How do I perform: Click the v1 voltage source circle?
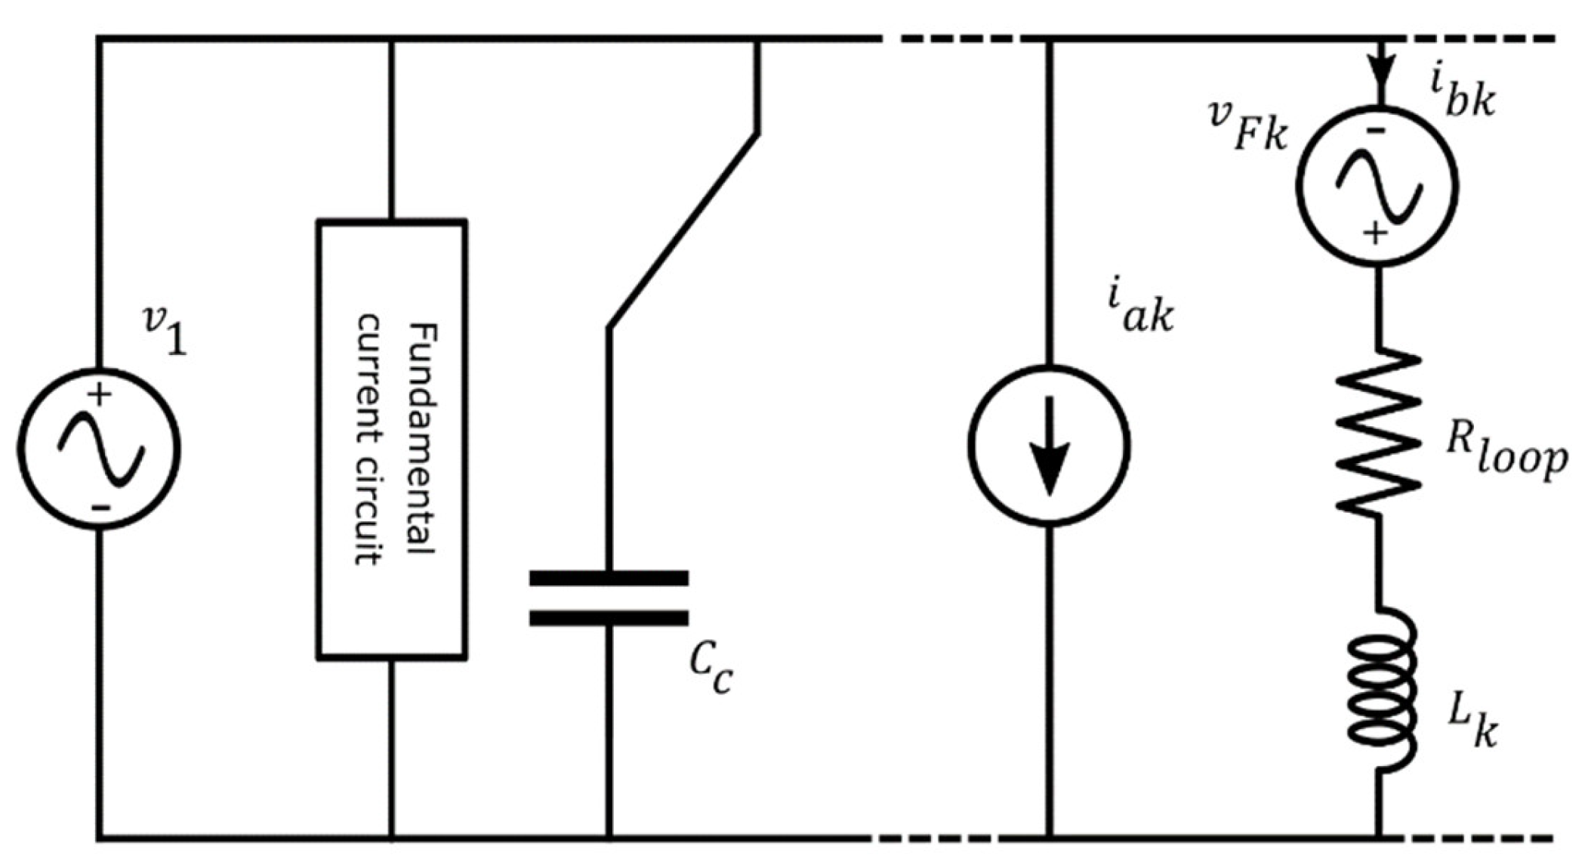(99, 449)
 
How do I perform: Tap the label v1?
(165, 330)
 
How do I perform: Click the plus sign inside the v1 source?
(100, 394)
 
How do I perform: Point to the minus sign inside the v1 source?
(101, 507)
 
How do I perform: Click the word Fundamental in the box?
(421, 438)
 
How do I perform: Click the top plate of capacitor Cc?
(609, 579)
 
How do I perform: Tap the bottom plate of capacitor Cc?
(609, 619)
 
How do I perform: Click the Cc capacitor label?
(710, 669)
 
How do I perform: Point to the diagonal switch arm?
(683, 230)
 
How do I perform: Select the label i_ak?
(1140, 309)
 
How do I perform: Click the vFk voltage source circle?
(1377, 185)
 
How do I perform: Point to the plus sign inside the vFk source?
(1376, 233)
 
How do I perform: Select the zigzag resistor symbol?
(1379, 432)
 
